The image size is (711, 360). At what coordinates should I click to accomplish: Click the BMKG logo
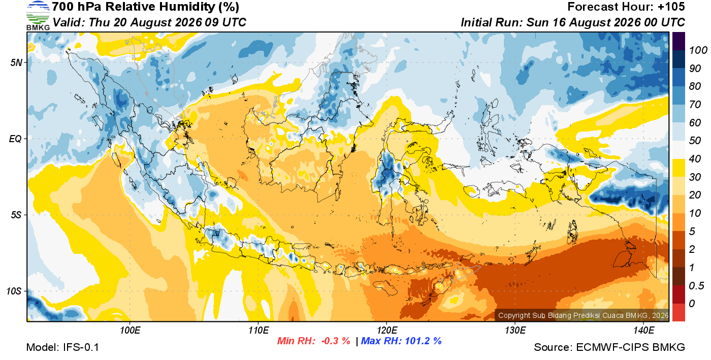tap(38, 16)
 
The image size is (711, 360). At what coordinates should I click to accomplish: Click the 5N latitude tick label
tap(16, 62)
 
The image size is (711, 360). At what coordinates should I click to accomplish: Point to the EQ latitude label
tap(15, 139)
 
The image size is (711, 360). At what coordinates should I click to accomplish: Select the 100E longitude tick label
tap(130, 331)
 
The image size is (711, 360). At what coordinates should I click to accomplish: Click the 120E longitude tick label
tap(387, 331)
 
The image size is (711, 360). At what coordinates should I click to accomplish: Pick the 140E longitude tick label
tap(643, 331)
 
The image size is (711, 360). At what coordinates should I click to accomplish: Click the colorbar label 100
tap(698, 50)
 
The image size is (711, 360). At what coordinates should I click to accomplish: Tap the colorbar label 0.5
tap(696, 286)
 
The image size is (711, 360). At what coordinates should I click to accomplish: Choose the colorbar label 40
tap(695, 159)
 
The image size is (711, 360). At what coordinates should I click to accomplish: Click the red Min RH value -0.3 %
tap(336, 341)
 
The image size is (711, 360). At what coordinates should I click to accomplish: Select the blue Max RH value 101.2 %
tap(423, 341)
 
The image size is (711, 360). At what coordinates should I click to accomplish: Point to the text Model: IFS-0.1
tap(62, 347)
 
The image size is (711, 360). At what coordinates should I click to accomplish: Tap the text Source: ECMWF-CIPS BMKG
tap(609, 347)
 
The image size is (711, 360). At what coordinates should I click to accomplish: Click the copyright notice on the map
tap(583, 315)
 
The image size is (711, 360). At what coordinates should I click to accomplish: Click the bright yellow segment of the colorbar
tap(678, 168)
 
